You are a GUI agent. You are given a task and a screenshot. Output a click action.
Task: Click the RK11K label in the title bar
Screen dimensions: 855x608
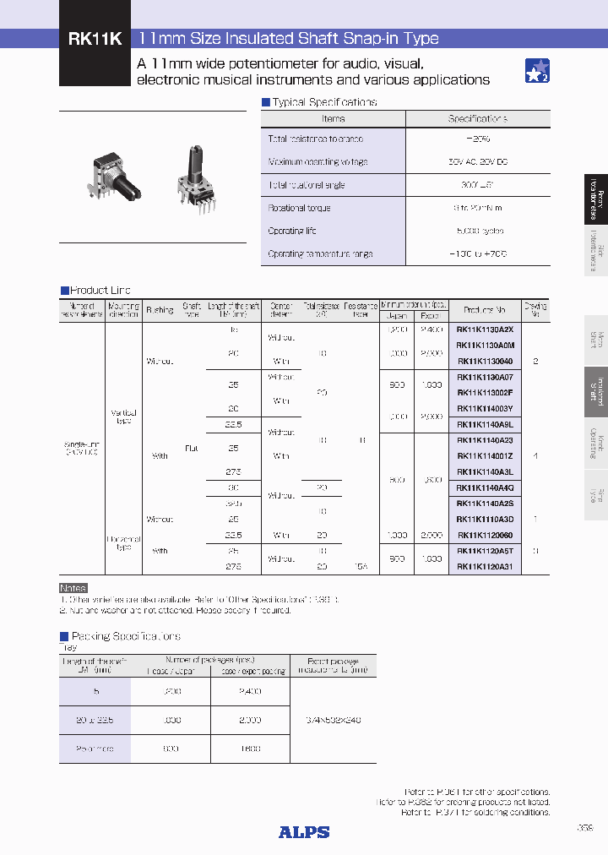(94, 39)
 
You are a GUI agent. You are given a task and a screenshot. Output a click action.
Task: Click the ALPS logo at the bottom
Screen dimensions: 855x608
(304, 832)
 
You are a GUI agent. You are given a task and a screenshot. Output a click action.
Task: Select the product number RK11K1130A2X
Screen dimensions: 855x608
(484, 329)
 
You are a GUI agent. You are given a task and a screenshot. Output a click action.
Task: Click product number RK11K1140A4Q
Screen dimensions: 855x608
(484, 487)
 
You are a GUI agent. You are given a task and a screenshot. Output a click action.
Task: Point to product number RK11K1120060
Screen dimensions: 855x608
(484, 535)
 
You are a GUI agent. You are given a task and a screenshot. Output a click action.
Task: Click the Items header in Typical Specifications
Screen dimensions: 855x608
(334, 119)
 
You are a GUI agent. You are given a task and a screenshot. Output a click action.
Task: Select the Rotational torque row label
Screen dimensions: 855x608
(300, 208)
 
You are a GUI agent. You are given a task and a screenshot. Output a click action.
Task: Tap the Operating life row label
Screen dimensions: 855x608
(292, 231)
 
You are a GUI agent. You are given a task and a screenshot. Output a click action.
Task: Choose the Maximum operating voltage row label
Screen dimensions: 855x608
(318, 161)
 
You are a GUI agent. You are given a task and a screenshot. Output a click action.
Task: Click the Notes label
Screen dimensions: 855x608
(73, 588)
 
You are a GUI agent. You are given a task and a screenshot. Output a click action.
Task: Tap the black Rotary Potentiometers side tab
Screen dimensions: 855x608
(595, 199)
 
